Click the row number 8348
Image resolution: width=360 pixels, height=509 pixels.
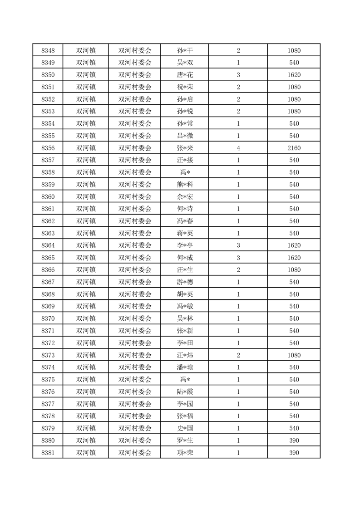click(x=48, y=50)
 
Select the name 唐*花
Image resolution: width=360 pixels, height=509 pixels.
click(x=185, y=75)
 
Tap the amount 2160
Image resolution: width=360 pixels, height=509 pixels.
click(x=294, y=148)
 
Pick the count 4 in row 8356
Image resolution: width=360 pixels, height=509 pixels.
click(x=238, y=148)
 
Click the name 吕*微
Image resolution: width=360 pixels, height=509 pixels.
click(x=185, y=136)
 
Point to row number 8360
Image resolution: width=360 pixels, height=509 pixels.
click(x=48, y=196)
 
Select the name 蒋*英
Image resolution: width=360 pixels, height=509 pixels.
click(x=185, y=233)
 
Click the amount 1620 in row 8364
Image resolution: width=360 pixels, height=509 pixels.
click(x=294, y=245)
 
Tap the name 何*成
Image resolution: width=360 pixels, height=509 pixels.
click(x=185, y=258)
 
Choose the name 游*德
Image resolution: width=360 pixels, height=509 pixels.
click(x=185, y=282)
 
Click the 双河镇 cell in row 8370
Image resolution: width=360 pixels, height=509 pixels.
click(x=86, y=318)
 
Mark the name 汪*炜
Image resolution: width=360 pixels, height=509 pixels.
click(x=185, y=355)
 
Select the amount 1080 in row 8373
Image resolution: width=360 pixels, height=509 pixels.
click(x=294, y=355)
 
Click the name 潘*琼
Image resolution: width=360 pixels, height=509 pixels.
click(x=185, y=367)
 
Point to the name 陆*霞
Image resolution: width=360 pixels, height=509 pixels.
click(x=185, y=392)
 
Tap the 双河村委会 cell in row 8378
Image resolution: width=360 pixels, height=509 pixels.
click(x=135, y=416)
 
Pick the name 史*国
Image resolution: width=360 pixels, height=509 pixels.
click(x=185, y=428)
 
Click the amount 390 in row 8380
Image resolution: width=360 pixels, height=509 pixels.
click(x=294, y=440)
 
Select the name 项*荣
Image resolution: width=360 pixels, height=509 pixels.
click(x=185, y=452)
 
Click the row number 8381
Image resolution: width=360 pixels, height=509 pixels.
click(x=48, y=452)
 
